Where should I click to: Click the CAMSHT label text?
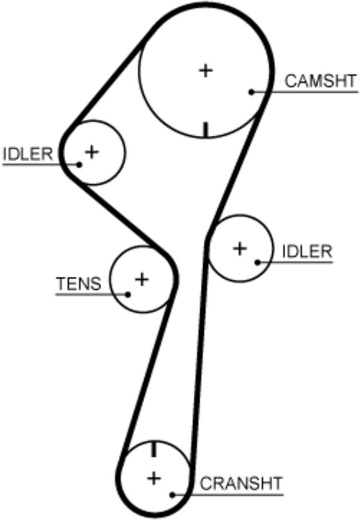[x=321, y=81]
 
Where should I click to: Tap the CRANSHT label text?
[x=241, y=484]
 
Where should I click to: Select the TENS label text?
[x=79, y=284]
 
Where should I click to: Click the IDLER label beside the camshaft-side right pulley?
[x=307, y=251]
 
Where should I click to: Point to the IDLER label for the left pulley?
[x=28, y=154]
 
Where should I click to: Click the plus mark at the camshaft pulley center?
[x=206, y=71]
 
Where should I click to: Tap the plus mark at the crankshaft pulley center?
[x=154, y=478]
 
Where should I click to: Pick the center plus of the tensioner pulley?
[x=142, y=279]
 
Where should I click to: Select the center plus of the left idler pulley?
[x=92, y=152]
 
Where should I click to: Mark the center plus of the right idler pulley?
[x=240, y=248]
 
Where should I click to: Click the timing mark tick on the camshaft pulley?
[x=206, y=130]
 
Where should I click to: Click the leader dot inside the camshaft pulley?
[x=252, y=92]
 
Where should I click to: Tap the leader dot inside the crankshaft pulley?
[x=173, y=495]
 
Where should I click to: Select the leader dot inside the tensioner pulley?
[x=128, y=294]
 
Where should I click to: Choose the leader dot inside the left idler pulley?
[x=79, y=164]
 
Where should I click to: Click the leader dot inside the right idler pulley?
[x=257, y=262]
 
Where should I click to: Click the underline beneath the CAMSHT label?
[x=305, y=92]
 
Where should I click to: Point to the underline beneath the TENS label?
[x=92, y=294]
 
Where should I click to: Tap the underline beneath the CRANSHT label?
[x=228, y=495]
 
